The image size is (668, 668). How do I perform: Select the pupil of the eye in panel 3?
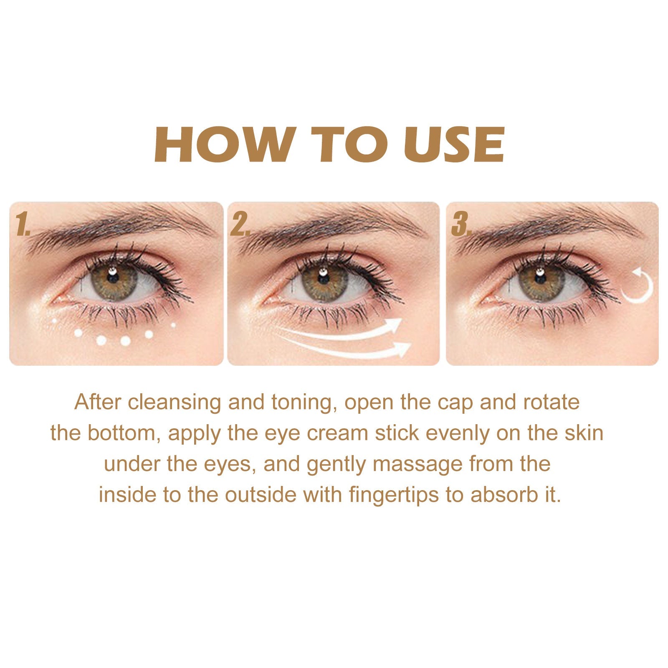(x=541, y=279)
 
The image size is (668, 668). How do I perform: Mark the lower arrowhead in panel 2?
(x=403, y=348)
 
